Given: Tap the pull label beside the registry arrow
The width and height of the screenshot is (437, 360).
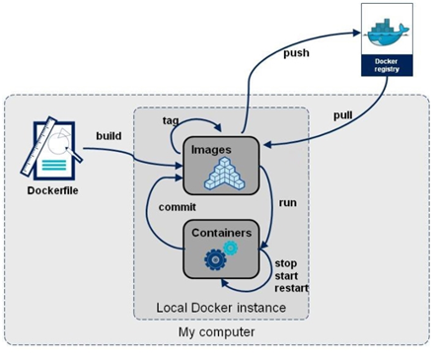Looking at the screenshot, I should pyautogui.click(x=342, y=115).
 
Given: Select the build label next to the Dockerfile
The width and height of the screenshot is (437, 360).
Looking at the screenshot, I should pyautogui.click(x=109, y=134).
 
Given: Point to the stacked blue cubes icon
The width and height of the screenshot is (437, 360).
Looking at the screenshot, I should pyautogui.click(x=221, y=174).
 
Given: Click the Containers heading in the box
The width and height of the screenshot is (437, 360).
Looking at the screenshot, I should pyautogui.click(x=221, y=233).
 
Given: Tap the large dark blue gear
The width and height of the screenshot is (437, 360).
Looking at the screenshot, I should pyautogui.click(x=215, y=259).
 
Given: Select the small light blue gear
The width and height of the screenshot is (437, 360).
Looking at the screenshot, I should pyautogui.click(x=231, y=249).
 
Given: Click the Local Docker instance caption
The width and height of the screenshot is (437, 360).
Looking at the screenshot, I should pyautogui.click(x=222, y=308).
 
